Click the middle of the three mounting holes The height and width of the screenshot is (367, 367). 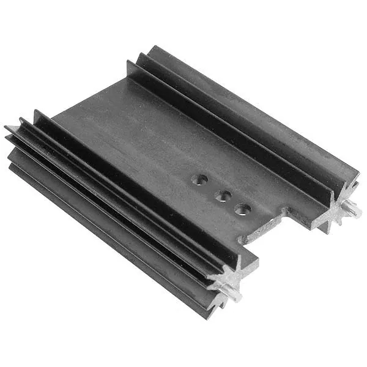click(x=223, y=196)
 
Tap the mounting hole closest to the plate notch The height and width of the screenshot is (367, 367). click(x=243, y=210)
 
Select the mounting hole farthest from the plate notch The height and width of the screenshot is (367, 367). click(x=199, y=180)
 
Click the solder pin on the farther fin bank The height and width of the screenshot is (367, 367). click(x=354, y=212)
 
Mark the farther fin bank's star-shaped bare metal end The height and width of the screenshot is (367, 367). click(x=338, y=207)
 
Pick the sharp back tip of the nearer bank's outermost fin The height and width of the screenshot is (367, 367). click(x=7, y=128)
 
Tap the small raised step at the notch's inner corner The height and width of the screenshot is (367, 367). click(x=286, y=211)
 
